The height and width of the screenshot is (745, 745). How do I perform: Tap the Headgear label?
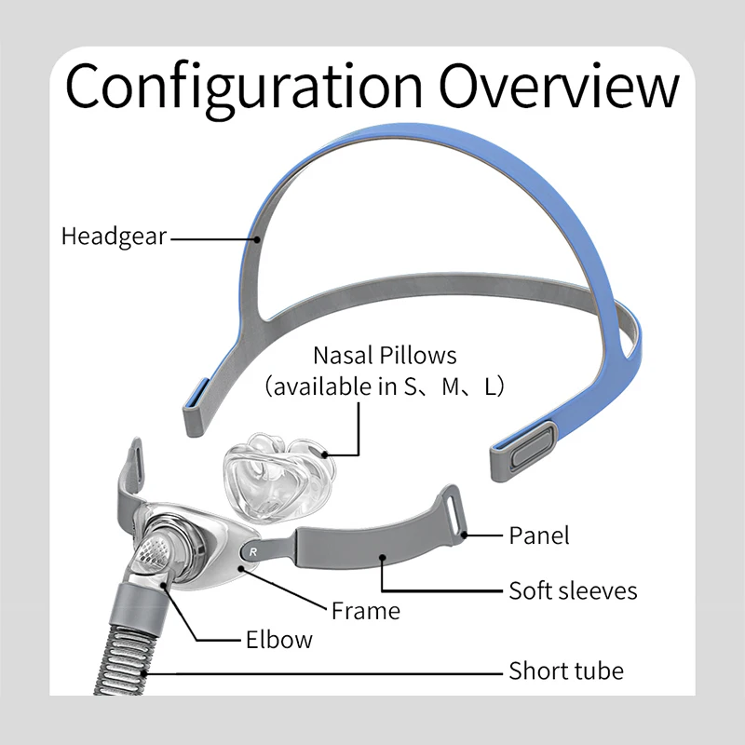(x=114, y=237)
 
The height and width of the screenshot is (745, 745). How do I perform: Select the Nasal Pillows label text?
(x=385, y=355)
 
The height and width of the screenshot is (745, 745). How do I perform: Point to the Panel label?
(x=538, y=535)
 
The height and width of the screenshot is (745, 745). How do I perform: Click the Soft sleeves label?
(x=573, y=590)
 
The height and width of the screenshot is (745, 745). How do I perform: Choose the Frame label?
(x=366, y=611)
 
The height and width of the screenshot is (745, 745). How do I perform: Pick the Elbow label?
(x=279, y=640)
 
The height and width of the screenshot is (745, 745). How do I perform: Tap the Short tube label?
(x=566, y=670)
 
